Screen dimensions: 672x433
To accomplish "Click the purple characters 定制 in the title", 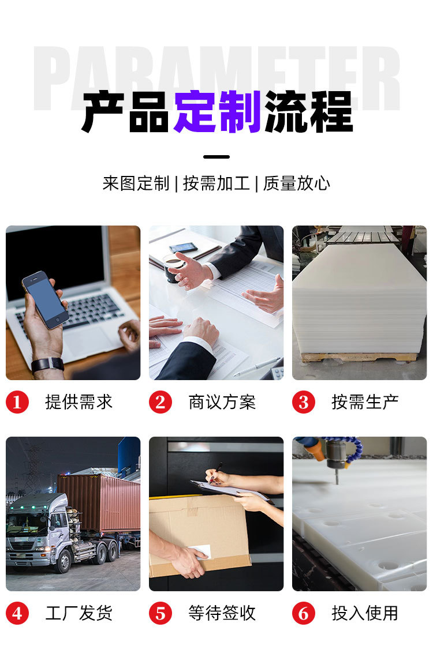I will pyautogui.click(x=218, y=112).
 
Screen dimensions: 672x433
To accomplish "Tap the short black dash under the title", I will pyautogui.click(x=216, y=157).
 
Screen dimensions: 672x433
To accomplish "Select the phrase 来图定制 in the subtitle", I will pyautogui.click(x=136, y=183).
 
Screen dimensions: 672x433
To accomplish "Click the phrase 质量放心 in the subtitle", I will pyautogui.click(x=297, y=183).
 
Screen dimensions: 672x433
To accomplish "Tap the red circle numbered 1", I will pyautogui.click(x=17, y=402).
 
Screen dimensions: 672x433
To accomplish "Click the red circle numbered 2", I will pyautogui.click(x=160, y=402).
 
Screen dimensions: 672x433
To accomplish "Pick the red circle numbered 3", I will pyautogui.click(x=304, y=402).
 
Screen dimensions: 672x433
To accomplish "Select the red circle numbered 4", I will pyautogui.click(x=17, y=613).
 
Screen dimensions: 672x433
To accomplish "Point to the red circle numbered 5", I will pyautogui.click(x=160, y=613).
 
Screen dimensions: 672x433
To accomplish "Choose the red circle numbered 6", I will pyautogui.click(x=304, y=613).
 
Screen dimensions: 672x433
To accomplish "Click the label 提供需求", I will pyautogui.click(x=79, y=402).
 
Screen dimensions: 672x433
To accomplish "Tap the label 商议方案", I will pyautogui.click(x=222, y=402).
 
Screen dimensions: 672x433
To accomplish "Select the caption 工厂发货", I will pyautogui.click(x=79, y=613).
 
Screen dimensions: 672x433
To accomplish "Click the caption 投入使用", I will pyautogui.click(x=365, y=613).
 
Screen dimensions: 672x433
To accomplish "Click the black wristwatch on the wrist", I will pyautogui.click(x=47, y=365).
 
